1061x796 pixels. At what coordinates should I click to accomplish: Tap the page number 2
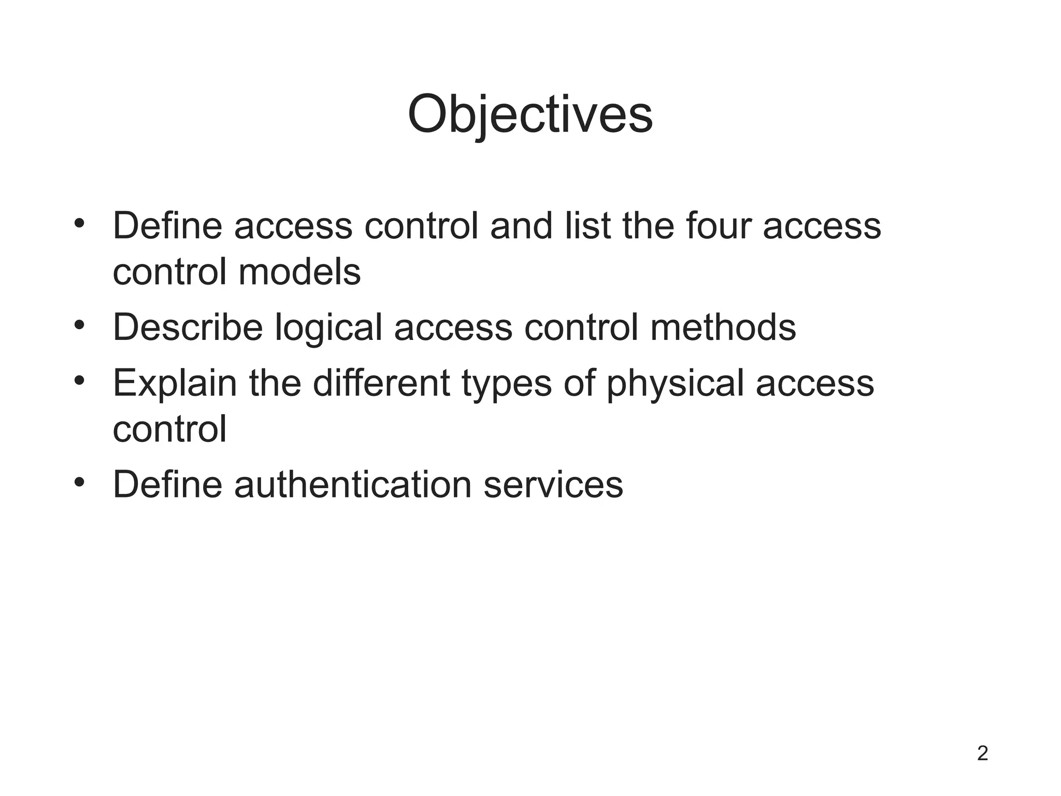[x=983, y=753]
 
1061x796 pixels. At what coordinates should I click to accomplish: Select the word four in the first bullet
[x=718, y=226]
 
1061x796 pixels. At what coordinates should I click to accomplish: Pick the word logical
[x=328, y=328]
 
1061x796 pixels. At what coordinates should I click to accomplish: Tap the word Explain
[x=175, y=383]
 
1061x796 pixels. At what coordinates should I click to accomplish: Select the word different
[x=381, y=382]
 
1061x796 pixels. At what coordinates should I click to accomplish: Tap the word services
[x=553, y=485]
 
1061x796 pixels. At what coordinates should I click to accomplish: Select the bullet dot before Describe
[x=79, y=325]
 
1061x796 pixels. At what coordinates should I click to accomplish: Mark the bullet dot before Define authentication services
[x=79, y=482]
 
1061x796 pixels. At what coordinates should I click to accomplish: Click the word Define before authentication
[x=167, y=485]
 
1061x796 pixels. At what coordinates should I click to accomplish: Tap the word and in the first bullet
[x=521, y=226]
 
